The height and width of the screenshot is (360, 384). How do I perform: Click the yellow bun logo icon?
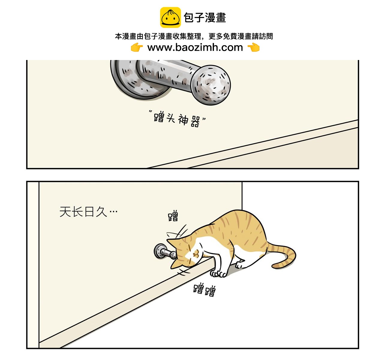coord(170,17)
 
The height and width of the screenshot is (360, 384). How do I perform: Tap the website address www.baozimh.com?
coord(195,47)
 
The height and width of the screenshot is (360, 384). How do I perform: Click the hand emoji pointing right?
coord(137,47)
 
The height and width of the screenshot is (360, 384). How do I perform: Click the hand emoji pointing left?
coord(253,47)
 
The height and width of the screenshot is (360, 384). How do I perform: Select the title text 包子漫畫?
coord(205,18)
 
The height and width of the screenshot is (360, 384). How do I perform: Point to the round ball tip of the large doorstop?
coord(211,85)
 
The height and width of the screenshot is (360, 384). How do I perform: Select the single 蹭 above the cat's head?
coord(173,216)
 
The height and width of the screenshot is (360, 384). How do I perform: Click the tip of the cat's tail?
coord(274,266)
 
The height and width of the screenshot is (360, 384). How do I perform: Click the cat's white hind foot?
coord(240,265)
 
